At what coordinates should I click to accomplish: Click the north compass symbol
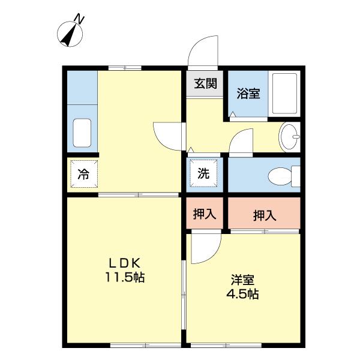[71, 33]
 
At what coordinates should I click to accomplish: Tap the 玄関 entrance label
[204, 83]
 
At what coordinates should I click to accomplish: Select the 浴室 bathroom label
[248, 93]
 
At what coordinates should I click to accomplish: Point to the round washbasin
[290, 137]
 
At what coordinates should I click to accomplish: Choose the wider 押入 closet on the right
[264, 215]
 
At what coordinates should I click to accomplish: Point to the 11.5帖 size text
[125, 278]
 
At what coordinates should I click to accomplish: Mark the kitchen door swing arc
[167, 136]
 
